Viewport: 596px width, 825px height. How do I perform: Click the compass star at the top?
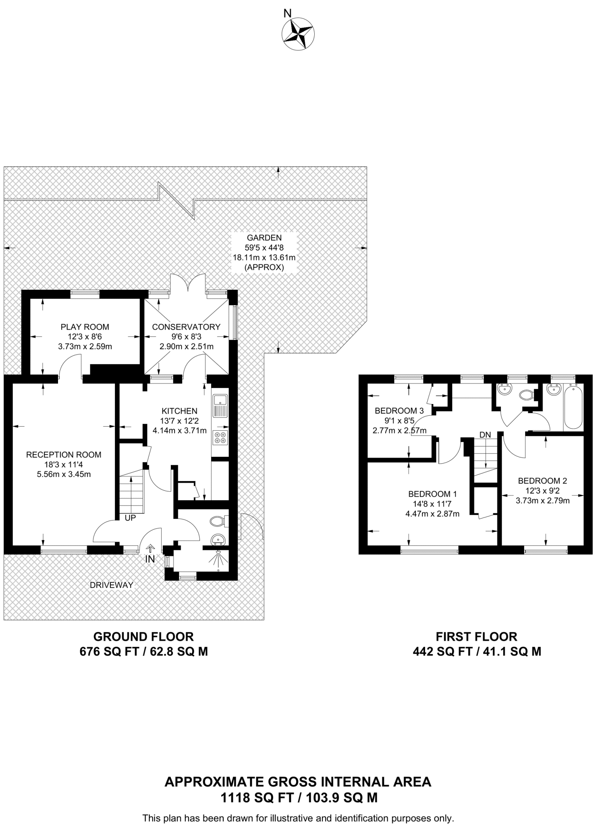[x=298, y=34]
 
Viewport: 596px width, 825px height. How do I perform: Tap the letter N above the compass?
[x=287, y=13]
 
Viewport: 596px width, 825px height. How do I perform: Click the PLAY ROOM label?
[x=85, y=327]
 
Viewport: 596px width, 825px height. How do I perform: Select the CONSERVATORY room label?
[x=186, y=327]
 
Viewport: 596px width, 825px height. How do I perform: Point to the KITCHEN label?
[x=180, y=411]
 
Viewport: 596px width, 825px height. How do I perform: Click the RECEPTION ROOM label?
[x=64, y=455]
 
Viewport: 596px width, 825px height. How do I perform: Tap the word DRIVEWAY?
[x=111, y=585]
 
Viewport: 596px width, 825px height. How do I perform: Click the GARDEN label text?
[x=264, y=238]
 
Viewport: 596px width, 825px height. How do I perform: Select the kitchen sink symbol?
[x=220, y=406]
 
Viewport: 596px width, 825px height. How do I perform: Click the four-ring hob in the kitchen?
[x=220, y=437]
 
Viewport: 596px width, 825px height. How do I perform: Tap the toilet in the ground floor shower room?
[x=218, y=521]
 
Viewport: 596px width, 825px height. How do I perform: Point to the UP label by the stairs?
[x=130, y=518]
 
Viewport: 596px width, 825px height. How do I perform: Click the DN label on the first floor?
[x=485, y=435]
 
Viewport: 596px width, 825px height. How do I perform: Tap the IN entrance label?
[x=150, y=559]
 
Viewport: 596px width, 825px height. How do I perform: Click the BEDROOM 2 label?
[x=542, y=481]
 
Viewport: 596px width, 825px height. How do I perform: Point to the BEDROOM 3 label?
[x=399, y=411]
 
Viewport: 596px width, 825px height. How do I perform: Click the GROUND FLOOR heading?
[x=143, y=636]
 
